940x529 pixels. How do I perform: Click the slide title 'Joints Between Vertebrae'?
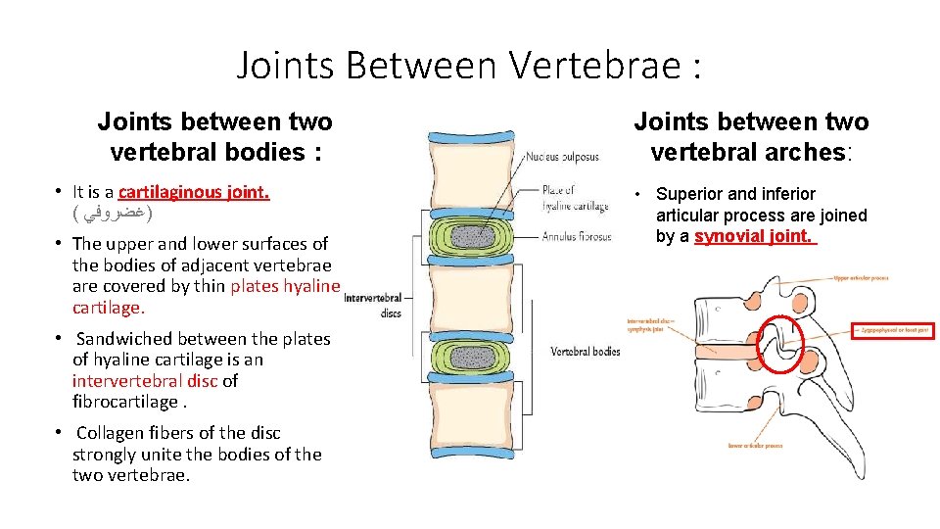[469, 66]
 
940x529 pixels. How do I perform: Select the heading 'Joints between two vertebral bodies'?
[214, 137]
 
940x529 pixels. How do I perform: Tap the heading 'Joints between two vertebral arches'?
[751, 137]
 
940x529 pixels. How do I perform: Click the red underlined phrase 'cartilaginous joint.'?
[194, 192]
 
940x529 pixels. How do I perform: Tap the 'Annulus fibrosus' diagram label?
[577, 236]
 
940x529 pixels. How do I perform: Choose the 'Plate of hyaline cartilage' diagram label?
[575, 198]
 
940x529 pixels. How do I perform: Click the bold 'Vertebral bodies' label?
[586, 352]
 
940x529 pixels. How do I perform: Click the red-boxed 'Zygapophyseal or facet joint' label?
[893, 332]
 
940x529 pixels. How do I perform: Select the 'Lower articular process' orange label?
[755, 446]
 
